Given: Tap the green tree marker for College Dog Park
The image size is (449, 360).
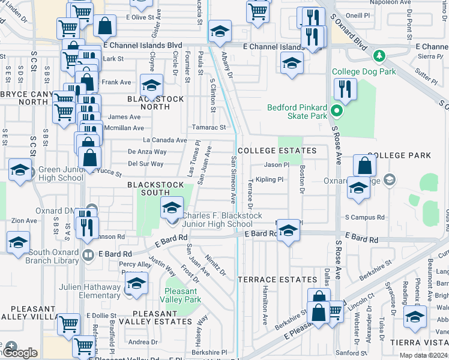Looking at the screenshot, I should point(378,56).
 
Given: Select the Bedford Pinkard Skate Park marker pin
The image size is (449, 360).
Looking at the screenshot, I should point(336,111).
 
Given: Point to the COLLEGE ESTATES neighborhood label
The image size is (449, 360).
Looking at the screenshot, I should point(277,151).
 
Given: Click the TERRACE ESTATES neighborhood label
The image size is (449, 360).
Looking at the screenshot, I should point(277,280).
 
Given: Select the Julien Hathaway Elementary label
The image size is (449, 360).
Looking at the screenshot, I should point(90,291).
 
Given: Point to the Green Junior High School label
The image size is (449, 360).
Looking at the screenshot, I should point(61,173).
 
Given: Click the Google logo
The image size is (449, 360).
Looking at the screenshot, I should point(20,353).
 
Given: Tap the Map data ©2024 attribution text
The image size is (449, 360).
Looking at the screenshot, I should point(423,355).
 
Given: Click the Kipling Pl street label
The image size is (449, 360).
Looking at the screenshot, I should point(269,179).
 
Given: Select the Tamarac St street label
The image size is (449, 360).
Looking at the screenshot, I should point(208,127).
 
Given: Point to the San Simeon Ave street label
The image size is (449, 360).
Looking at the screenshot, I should point(233,179).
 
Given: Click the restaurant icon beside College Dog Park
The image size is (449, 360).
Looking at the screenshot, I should point(345,89).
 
